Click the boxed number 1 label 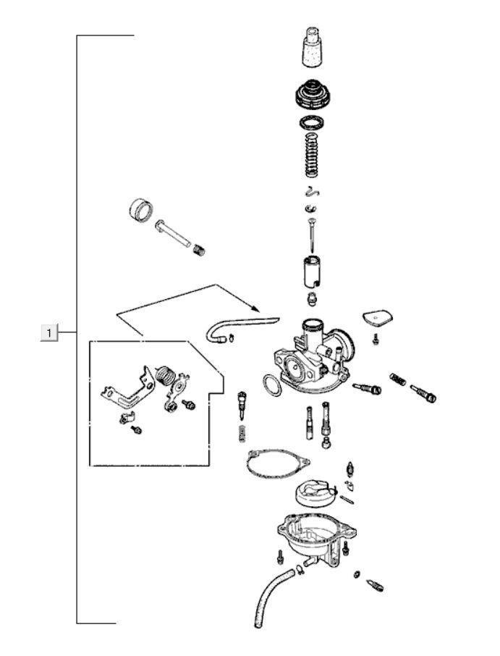(49, 332)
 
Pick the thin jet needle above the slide (310, 235)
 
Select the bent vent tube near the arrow (239, 324)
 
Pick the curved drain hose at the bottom (271, 597)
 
